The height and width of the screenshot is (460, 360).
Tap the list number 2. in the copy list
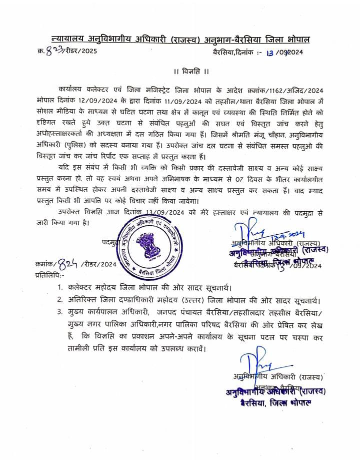59,300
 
